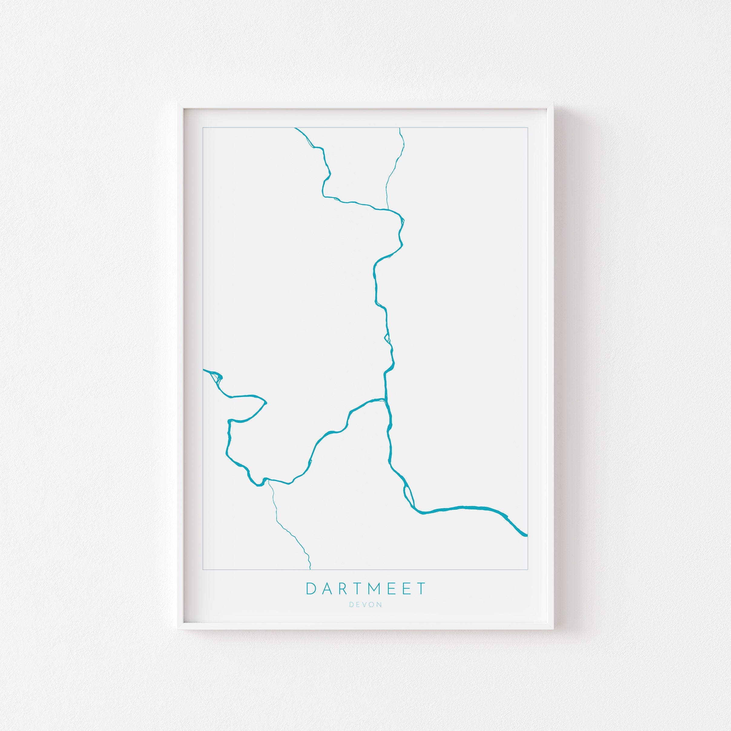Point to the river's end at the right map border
[x=527, y=535]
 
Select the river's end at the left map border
[x=203, y=369]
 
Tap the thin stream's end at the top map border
[x=400, y=128]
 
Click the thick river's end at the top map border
[x=295, y=128]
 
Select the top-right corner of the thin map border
[x=527, y=128]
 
